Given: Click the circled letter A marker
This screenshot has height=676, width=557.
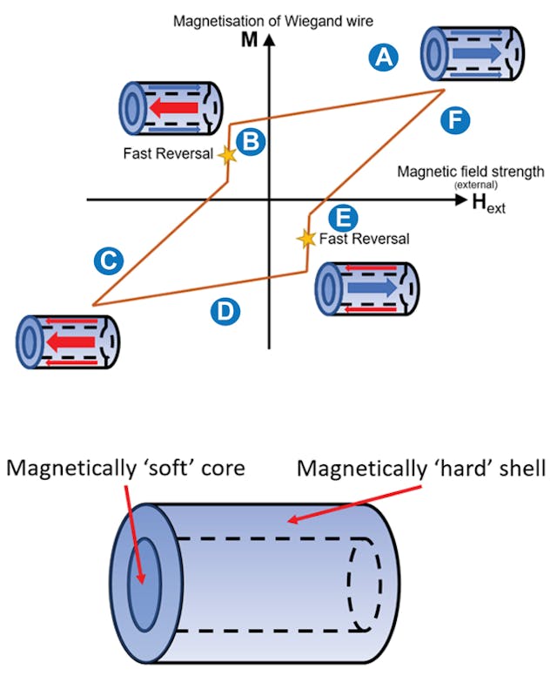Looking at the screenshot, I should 382,57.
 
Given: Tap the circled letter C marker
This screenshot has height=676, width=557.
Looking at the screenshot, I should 107,259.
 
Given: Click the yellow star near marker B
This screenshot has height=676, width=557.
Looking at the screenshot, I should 227,155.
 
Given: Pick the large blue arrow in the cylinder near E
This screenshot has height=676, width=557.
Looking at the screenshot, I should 372,287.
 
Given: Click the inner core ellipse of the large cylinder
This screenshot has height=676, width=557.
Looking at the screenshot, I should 144,576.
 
